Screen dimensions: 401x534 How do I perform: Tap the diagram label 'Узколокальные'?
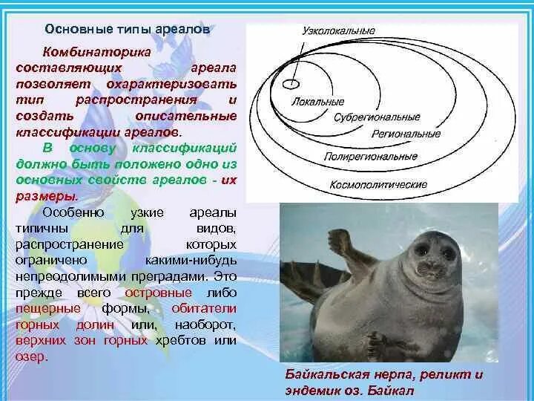point(337,31)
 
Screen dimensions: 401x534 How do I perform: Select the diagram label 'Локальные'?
point(318,100)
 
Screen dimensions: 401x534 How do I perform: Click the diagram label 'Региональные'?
point(406,134)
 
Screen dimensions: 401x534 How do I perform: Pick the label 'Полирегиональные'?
point(370,157)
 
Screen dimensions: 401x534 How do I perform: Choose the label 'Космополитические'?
point(378,183)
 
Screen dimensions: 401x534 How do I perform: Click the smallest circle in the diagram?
point(294,80)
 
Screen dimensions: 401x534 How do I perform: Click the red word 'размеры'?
point(45,197)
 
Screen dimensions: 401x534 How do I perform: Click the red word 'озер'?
point(30,356)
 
